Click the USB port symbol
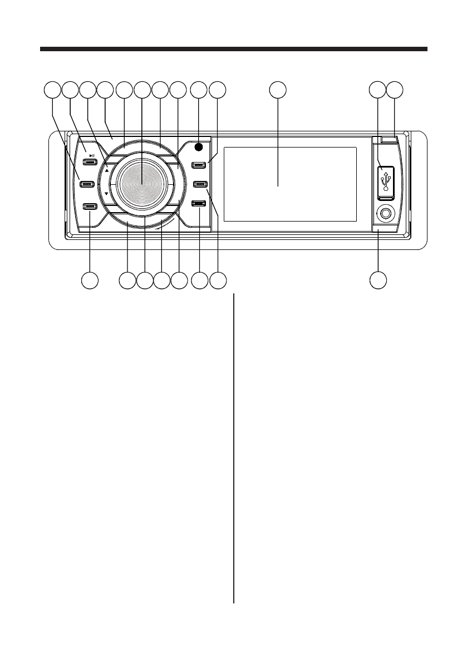click(386, 181)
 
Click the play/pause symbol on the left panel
click(91, 156)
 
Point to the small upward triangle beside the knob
click(106, 171)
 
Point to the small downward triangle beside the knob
click(106, 194)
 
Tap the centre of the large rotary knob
click(141, 183)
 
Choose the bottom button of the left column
click(89, 207)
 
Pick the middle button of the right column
click(199, 184)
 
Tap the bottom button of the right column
click(199, 204)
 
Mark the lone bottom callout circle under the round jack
click(379, 281)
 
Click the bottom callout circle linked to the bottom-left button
click(89, 281)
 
